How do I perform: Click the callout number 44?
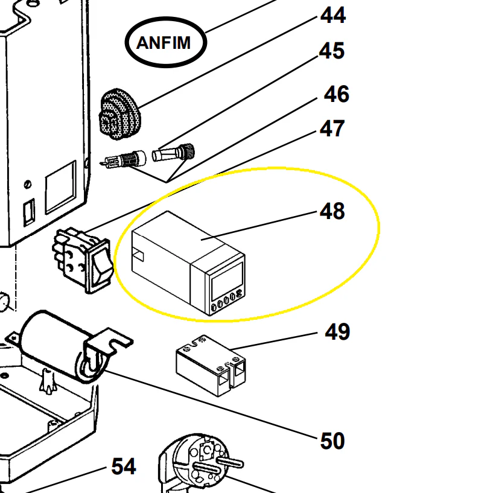coord(333,16)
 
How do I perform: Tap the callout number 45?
coord(332,51)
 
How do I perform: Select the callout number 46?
coord(337,94)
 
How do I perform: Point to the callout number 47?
coord(332,129)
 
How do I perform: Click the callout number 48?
coord(332,211)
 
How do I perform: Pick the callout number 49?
coord(337,332)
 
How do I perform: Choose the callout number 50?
coord(332,441)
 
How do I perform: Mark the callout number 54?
coord(124,466)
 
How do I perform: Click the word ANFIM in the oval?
coord(164,43)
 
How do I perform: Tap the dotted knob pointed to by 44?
coord(119,114)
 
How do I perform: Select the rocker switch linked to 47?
coord(83,260)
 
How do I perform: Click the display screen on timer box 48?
coord(227,281)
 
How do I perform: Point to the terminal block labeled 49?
coord(211,365)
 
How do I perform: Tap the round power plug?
coord(201,462)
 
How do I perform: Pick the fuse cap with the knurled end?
coord(173,153)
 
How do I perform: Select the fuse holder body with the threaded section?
coord(124,160)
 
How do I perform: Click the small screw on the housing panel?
coord(28,184)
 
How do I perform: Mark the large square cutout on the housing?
coord(61,187)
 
